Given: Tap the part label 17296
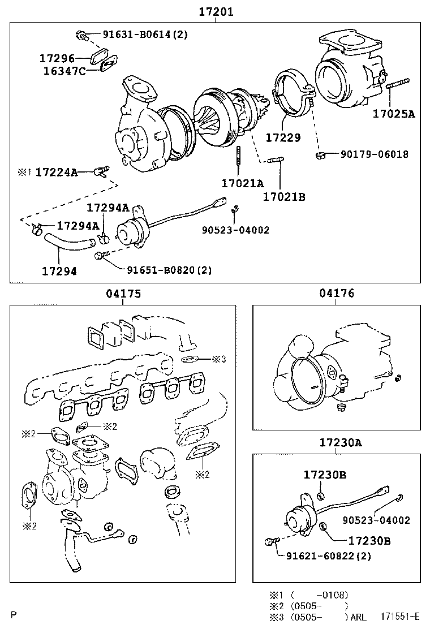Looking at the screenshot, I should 57,58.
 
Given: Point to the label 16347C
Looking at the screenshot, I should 64,71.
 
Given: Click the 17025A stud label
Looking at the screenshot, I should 393,114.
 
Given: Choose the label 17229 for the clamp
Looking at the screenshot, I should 283,137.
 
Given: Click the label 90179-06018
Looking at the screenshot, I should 373,154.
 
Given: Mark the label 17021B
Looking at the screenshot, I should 284,197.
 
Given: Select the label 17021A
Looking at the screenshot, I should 243,183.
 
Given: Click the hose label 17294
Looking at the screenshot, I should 59,271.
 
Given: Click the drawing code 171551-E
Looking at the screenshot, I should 399,617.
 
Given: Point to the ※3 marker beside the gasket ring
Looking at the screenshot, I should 219,359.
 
